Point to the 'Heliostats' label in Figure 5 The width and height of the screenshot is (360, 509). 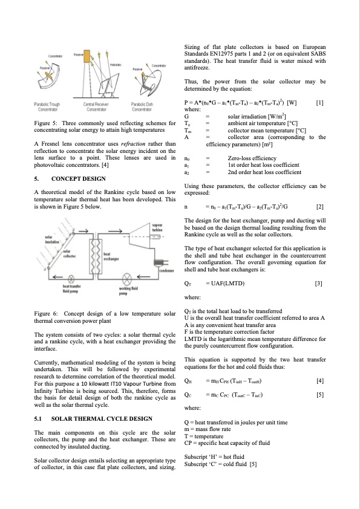click(x=116, y=64)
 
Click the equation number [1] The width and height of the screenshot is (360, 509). click(x=320, y=102)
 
